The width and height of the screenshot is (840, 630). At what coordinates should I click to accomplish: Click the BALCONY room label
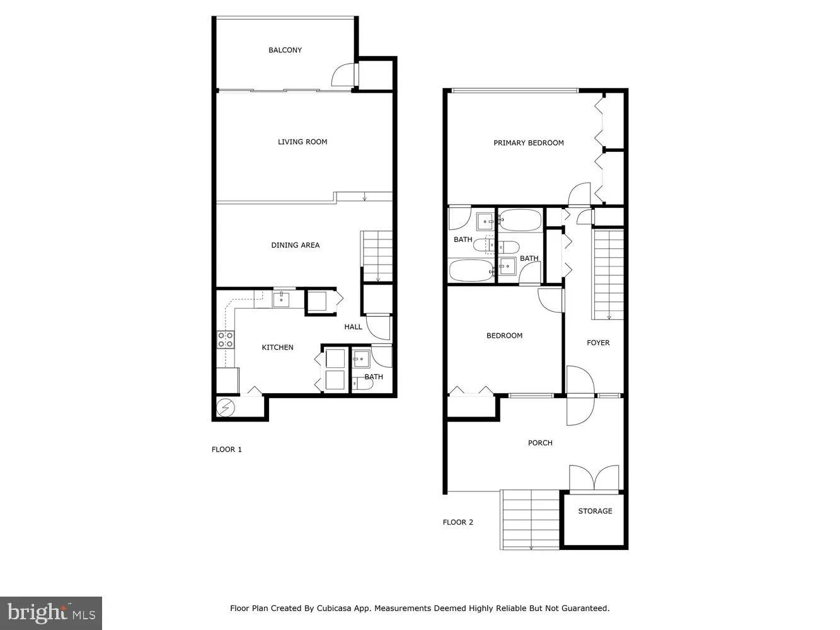pyautogui.click(x=285, y=50)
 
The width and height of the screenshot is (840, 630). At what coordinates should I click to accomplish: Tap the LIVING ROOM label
pyautogui.click(x=302, y=142)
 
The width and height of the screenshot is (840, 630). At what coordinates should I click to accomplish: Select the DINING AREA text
pyautogui.click(x=295, y=245)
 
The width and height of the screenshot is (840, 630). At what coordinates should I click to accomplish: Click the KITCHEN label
pyautogui.click(x=277, y=348)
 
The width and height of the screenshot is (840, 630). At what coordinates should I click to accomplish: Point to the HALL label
pyautogui.click(x=353, y=327)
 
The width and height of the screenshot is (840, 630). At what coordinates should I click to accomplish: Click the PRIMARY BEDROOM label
pyautogui.click(x=528, y=143)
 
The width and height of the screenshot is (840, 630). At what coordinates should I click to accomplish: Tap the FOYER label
pyautogui.click(x=598, y=343)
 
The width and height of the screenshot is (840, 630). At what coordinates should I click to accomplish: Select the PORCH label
pyautogui.click(x=540, y=444)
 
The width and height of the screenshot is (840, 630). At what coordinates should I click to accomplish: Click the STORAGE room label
pyautogui.click(x=595, y=512)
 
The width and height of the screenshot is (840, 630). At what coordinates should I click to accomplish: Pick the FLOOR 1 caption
pyautogui.click(x=226, y=450)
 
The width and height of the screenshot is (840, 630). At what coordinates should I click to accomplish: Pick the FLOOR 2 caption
pyautogui.click(x=457, y=522)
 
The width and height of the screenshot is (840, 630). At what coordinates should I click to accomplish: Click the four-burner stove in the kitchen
pyautogui.click(x=226, y=340)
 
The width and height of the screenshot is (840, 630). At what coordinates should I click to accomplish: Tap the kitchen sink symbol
pyautogui.click(x=281, y=299)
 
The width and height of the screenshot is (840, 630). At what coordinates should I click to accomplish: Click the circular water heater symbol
pyautogui.click(x=224, y=408)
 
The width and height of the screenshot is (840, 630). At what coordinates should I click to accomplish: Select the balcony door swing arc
pyautogui.click(x=343, y=75)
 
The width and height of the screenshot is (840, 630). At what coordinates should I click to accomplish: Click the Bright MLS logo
pyautogui.click(x=50, y=612)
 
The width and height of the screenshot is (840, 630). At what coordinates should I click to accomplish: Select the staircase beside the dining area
pyautogui.click(x=376, y=256)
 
